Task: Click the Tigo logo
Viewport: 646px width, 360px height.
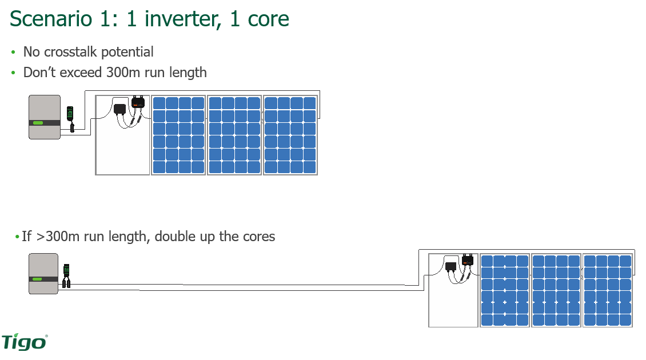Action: (24, 342)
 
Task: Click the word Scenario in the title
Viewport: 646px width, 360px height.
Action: (51, 19)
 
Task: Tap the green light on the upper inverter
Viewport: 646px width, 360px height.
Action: (38, 122)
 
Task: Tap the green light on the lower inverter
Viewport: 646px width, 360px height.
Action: (37, 279)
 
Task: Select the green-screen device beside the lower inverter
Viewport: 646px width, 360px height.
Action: (66, 270)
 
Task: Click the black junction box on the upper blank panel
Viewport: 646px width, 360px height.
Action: (120, 109)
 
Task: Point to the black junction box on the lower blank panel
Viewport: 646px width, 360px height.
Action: (450, 266)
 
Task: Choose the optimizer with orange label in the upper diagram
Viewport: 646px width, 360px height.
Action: (138, 103)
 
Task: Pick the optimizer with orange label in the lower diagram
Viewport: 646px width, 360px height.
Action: (468, 261)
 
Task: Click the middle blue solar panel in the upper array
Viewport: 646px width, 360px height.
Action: (234, 135)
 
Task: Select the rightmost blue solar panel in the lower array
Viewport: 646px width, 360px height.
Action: (607, 290)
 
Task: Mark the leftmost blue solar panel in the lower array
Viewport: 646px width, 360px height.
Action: (505, 290)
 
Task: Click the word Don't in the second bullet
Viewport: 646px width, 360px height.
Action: (39, 73)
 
